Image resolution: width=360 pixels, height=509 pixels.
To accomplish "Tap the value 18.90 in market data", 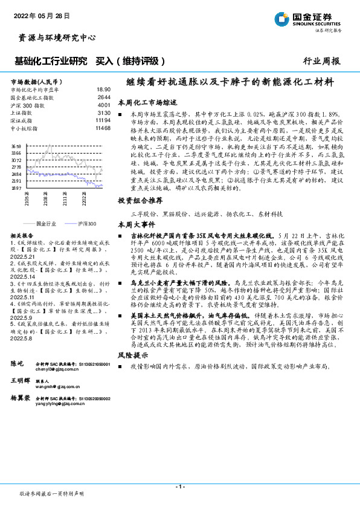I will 103,88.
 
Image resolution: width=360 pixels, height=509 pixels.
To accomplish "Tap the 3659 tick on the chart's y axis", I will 16,146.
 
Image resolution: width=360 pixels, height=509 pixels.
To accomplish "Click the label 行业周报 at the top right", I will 321,61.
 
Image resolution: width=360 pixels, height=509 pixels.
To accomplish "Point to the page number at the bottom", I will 180,487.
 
